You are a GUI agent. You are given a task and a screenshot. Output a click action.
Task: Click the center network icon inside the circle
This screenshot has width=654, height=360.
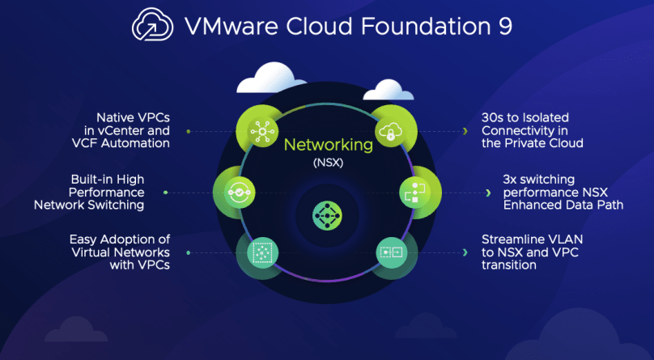[x=327, y=214]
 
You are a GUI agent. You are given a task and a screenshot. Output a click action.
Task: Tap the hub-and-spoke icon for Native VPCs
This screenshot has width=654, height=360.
[x=261, y=129]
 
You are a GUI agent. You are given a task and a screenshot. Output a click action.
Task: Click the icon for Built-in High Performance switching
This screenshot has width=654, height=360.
[x=236, y=193]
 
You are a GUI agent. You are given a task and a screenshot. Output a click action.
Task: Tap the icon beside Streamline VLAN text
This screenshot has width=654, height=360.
[x=389, y=252]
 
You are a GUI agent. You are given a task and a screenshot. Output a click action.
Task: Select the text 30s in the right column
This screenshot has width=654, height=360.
[x=492, y=116]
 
